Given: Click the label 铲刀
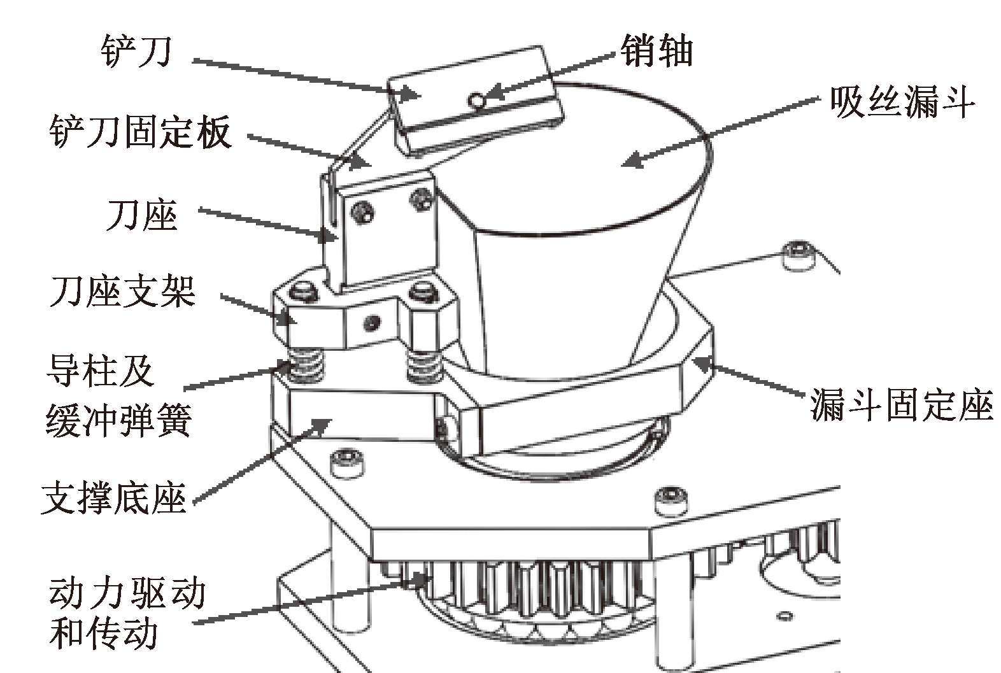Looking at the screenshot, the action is click(136, 51).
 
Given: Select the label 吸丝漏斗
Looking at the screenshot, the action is click(902, 103).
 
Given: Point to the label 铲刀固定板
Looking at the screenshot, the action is click(141, 132).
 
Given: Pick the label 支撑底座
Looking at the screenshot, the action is click(113, 499).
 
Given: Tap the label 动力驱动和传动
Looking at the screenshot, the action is click(127, 614).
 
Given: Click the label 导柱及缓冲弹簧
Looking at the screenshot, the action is click(119, 395).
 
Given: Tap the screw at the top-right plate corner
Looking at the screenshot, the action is click(799, 255).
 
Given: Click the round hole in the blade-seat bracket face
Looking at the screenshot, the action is click(373, 322).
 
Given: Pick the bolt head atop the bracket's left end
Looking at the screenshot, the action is click(304, 293).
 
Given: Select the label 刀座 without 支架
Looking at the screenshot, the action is click(143, 215).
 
